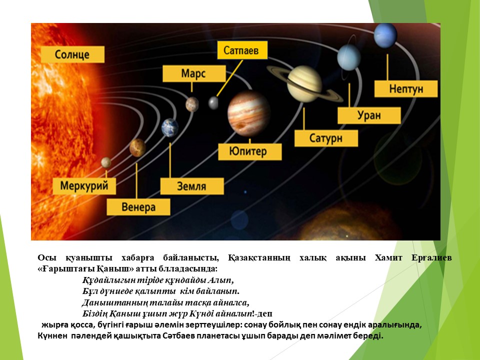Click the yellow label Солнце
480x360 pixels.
click(73, 54)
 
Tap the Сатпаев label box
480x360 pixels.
click(242, 50)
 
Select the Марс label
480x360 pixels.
click(194, 73)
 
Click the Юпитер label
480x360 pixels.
click(250, 151)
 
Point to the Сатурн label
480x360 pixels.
click(326, 138)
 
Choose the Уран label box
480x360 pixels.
click(369, 115)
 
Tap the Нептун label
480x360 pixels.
click(406, 89)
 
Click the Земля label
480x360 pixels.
click(192, 186)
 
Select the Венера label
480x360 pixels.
click(138, 207)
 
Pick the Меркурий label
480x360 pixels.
click(84, 186)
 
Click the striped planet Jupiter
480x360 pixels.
click(249, 113)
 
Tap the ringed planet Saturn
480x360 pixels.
click(305, 83)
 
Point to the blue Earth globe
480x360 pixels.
click(170, 127)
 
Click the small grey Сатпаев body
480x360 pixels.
click(213, 103)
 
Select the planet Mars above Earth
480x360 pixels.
click(192, 104)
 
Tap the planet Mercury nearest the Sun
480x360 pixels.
click(106, 162)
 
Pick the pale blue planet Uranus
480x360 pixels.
click(349, 57)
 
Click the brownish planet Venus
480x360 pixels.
click(137, 147)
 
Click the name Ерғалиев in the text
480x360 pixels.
click(431, 258)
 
